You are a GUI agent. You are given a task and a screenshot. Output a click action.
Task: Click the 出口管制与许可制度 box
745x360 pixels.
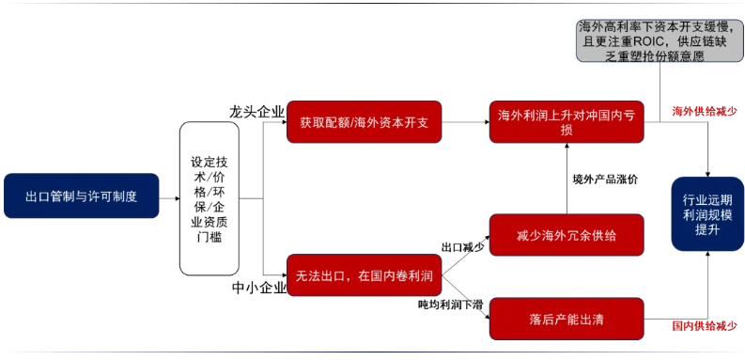pos(81,196)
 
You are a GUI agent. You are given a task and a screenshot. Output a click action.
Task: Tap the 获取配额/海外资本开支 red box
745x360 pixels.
pos(364,122)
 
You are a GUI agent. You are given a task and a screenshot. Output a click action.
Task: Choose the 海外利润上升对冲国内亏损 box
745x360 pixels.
pos(567,122)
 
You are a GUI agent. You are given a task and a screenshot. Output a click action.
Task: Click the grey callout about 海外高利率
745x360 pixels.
pos(655,41)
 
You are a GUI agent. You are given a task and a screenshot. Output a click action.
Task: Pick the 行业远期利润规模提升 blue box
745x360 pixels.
pos(707,213)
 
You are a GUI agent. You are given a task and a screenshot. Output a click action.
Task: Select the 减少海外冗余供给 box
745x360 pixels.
pos(567,234)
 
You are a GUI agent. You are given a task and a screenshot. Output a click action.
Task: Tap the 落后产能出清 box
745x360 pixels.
pos(567,319)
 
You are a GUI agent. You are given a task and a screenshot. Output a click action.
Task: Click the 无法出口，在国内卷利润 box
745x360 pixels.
pos(364,275)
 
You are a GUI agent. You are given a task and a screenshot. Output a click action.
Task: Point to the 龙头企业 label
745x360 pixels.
pos(256,112)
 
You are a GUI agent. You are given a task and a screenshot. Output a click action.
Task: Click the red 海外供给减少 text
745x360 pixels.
pos(704,111)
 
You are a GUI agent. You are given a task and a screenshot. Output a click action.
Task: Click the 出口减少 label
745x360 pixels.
pos(462,247)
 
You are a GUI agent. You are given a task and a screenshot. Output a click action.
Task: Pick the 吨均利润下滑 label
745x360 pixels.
pos(450,305)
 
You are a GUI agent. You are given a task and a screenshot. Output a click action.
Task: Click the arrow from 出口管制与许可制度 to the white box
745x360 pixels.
pos(169,197)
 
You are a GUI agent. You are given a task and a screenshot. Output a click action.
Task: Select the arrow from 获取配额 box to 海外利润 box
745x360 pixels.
pos(464,122)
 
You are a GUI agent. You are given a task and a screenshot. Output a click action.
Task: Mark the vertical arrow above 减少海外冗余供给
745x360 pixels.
pos(567,179)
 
